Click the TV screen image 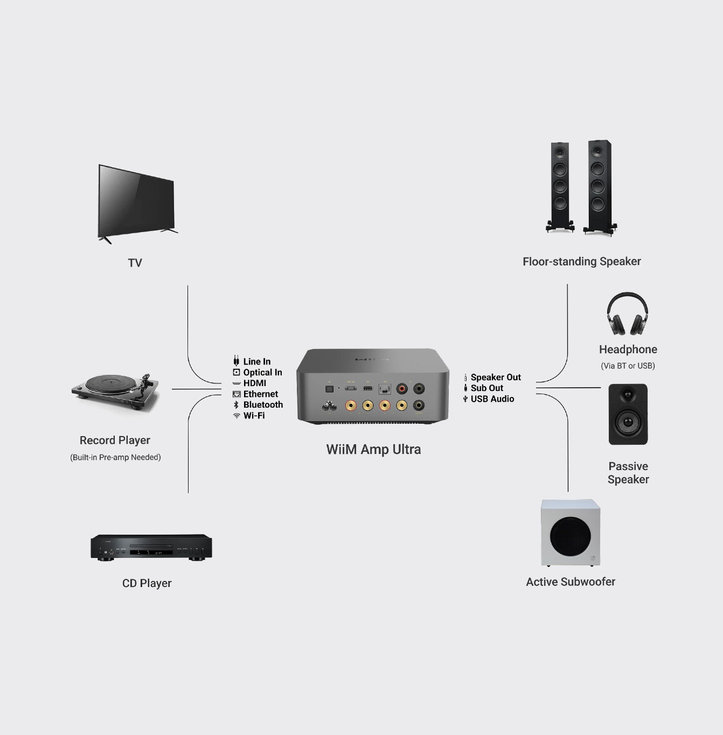[136, 202]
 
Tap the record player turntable [115, 389]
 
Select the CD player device [151, 547]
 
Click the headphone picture [627, 316]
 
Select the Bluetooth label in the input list [263, 405]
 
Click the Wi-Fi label [254, 416]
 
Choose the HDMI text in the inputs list [254, 383]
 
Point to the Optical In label [262, 373]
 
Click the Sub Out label [486, 388]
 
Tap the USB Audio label [492, 399]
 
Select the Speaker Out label [496, 377]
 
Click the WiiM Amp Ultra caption [373, 450]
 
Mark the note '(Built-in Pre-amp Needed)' [115, 458]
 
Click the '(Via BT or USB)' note [628, 366]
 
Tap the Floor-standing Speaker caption [581, 262]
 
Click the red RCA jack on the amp [402, 388]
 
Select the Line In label [256, 362]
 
